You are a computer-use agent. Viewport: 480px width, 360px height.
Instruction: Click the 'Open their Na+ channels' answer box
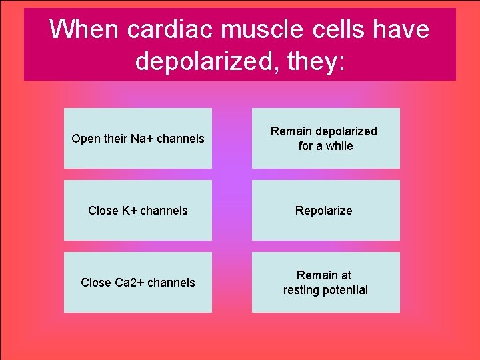tap(138, 138)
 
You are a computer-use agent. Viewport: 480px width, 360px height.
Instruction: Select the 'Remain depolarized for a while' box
tap(325, 138)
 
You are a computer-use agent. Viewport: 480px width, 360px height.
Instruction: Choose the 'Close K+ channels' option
tap(138, 210)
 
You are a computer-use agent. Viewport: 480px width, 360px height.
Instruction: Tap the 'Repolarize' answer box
tap(325, 210)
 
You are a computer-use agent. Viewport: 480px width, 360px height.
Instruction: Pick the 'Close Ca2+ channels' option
tap(138, 282)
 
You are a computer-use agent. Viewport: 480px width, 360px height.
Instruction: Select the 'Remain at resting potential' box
tap(325, 282)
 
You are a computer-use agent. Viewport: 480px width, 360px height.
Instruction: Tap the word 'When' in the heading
tap(83, 30)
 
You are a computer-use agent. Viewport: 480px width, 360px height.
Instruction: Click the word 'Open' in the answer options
tap(85, 139)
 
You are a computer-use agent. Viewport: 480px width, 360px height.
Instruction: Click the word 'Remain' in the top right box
tap(291, 131)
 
